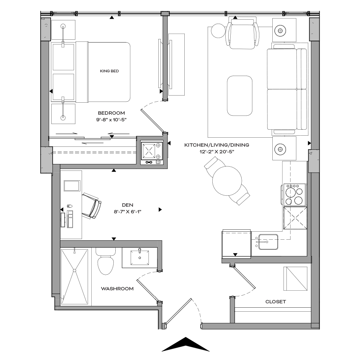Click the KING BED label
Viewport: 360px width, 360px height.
(109, 71)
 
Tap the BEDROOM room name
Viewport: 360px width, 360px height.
(111, 113)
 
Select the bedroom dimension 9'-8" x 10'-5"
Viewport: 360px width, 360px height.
(111, 119)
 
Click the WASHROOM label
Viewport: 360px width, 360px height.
(117, 289)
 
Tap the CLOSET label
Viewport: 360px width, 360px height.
(275, 302)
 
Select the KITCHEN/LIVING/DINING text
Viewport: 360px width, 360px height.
(217, 145)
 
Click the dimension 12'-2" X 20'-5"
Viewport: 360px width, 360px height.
(217, 152)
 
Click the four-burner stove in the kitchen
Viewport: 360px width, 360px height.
(295, 195)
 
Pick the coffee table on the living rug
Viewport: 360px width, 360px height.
(239, 95)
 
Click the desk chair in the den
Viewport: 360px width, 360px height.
(91, 205)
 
